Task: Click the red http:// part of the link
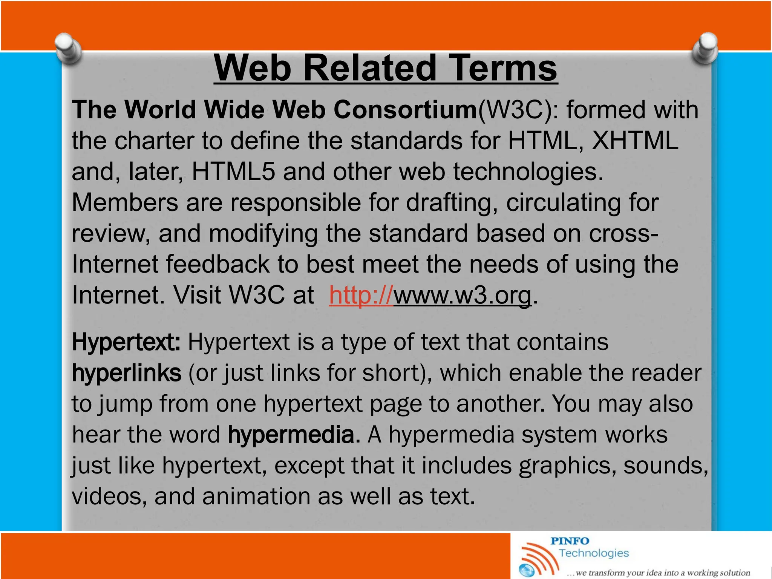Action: click(x=361, y=295)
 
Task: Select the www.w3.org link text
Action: click(x=462, y=295)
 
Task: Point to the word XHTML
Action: click(x=635, y=141)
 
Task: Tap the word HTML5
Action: click(x=233, y=172)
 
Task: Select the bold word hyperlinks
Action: click(x=126, y=373)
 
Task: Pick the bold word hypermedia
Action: click(x=291, y=435)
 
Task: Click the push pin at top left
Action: click(x=68, y=48)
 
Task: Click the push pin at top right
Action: click(x=705, y=48)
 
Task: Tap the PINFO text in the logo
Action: click(x=570, y=541)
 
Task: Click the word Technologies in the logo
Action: click(x=594, y=553)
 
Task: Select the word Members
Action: click(x=125, y=203)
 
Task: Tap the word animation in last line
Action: click(x=253, y=496)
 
